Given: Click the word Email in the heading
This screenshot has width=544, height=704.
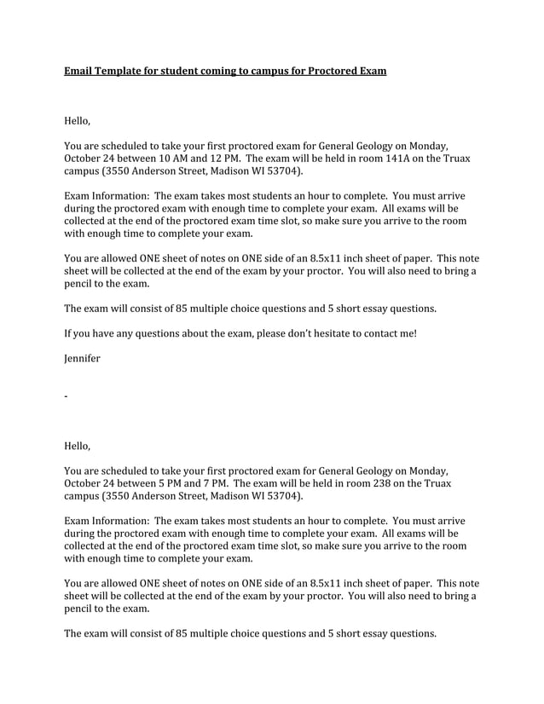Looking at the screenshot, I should pos(79,71).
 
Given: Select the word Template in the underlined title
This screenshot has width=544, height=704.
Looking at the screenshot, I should pos(122,71).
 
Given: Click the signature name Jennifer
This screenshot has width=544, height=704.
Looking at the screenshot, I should pos(82,359).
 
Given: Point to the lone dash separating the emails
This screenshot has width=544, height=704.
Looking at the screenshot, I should pos(66,397).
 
